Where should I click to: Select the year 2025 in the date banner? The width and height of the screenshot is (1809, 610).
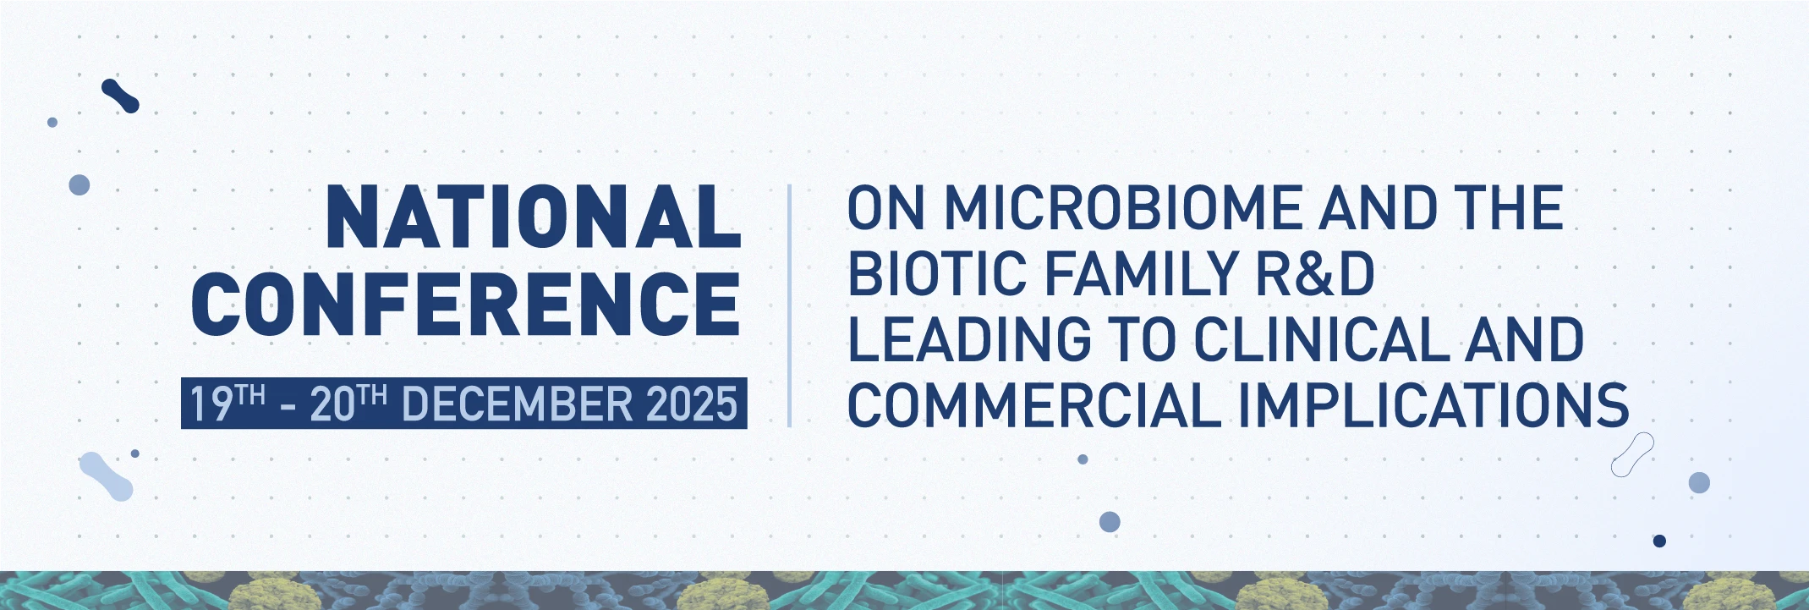pyautogui.click(x=692, y=404)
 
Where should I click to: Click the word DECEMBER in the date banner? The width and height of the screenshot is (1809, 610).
pyautogui.click(x=517, y=404)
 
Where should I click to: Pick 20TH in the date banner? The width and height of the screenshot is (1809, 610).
pyautogui.click(x=348, y=403)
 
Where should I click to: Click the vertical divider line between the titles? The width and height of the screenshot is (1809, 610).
pyautogui.click(x=789, y=305)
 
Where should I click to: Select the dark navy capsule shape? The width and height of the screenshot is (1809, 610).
pyautogui.click(x=120, y=96)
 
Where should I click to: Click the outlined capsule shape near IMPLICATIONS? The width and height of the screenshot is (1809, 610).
pyautogui.click(x=1632, y=454)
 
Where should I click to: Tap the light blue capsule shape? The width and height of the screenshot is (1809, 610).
pyautogui.click(x=106, y=475)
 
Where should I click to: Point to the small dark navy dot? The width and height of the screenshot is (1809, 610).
pyautogui.click(x=1659, y=541)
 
